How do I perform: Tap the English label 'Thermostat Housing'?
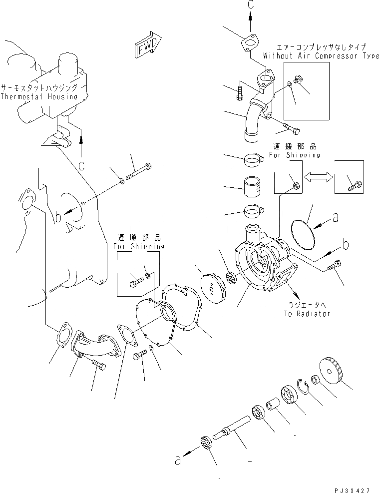[39, 96]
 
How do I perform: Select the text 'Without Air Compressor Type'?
[321, 56]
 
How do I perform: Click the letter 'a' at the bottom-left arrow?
[177, 460]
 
